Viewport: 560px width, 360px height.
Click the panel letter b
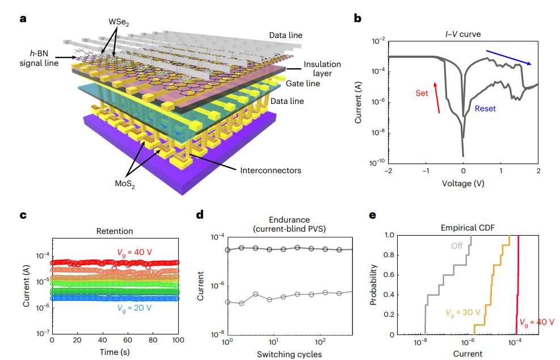tap(357, 19)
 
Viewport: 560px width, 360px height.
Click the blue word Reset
tap(486, 108)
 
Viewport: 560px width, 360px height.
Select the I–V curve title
tap(463, 34)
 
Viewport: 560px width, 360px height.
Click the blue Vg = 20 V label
tap(135, 308)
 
